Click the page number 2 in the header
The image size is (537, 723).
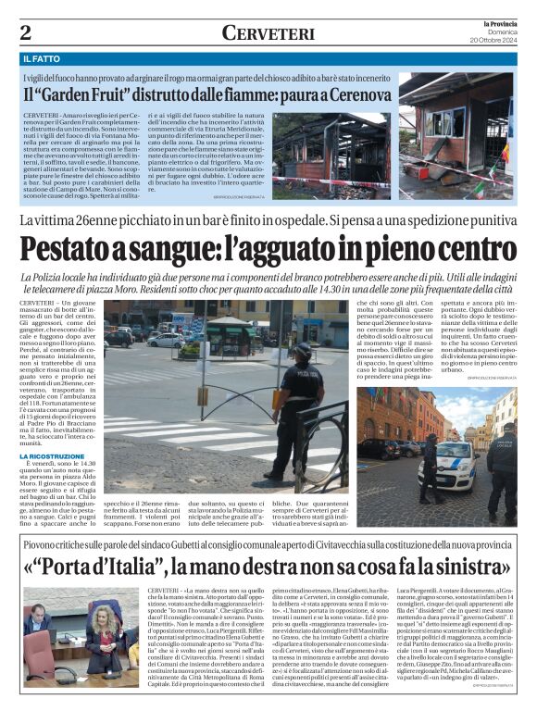click(26, 32)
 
